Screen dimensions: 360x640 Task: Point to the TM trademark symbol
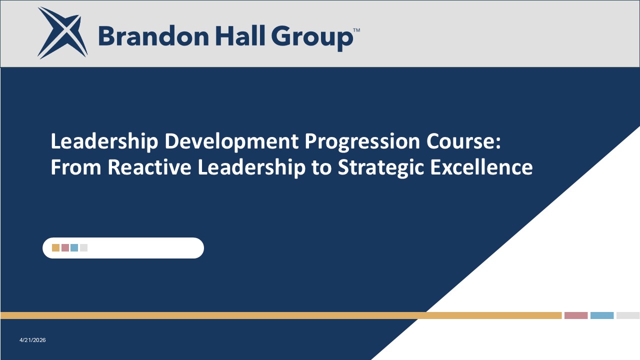(356, 30)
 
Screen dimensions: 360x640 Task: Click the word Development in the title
(232, 141)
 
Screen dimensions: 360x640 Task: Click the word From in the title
(76, 167)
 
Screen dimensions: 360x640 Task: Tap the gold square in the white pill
(55, 247)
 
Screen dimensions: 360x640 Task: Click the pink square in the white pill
(65, 247)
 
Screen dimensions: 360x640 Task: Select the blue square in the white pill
(74, 247)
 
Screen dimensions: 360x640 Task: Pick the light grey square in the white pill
(83, 247)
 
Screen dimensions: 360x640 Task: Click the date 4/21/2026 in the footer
(32, 340)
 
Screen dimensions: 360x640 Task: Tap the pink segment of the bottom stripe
(576, 315)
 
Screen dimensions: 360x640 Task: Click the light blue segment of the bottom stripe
(602, 315)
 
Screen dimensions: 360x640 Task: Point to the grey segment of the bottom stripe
(628, 315)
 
